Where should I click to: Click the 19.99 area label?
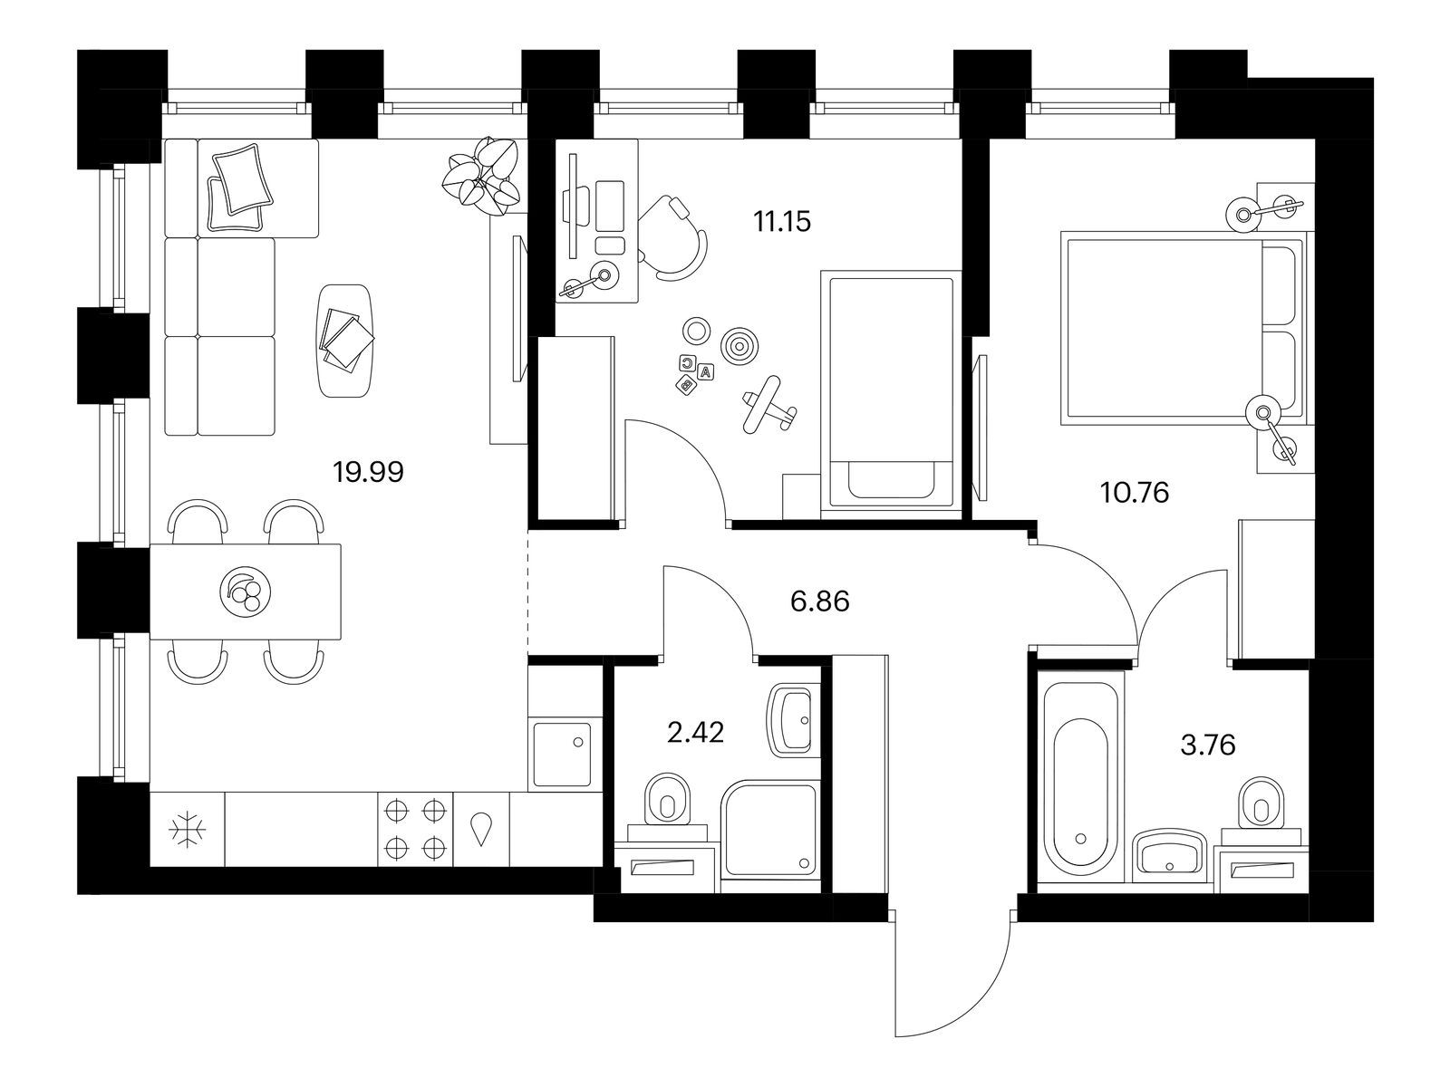(369, 473)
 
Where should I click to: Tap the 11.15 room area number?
(782, 222)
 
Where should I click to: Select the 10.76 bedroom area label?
(1135, 493)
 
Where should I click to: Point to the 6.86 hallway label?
(820, 601)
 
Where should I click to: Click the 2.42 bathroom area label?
(696, 733)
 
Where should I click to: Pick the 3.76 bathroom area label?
(1207, 746)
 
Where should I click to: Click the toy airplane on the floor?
(768, 405)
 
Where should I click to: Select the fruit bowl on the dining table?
(245, 592)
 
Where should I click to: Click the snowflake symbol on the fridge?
(187, 830)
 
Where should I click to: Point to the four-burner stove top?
(415, 829)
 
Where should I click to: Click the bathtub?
(1080, 777)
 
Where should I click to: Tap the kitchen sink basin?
(562, 754)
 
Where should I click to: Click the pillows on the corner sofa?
(240, 188)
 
